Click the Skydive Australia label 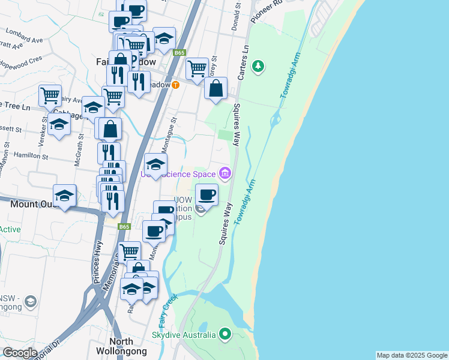tap(184, 335)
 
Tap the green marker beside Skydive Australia tap(225, 334)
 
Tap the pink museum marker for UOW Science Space tap(225, 174)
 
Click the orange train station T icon tap(175, 85)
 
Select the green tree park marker tap(258, 66)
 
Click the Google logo tap(20, 353)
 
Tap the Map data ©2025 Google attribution tap(411, 355)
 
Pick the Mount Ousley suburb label tap(34, 205)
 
